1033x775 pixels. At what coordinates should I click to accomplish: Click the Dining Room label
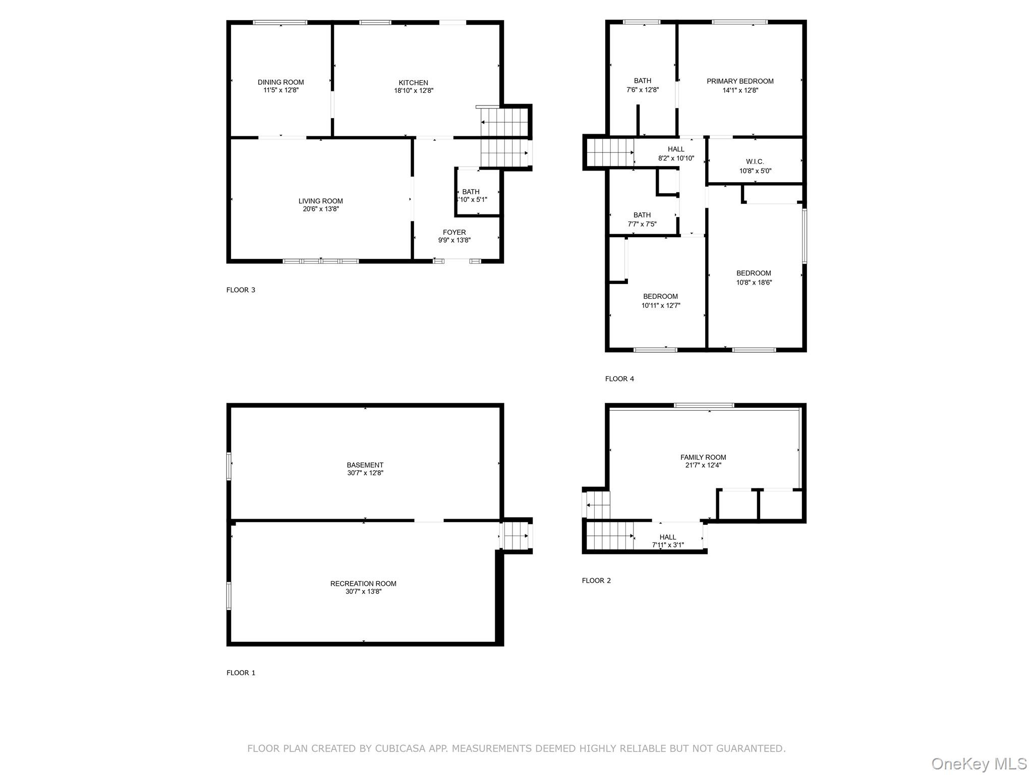click(x=280, y=82)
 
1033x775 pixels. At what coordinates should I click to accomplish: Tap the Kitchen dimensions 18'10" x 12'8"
click(x=414, y=91)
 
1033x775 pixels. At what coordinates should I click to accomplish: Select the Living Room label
click(x=320, y=201)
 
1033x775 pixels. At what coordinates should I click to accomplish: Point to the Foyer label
click(x=454, y=233)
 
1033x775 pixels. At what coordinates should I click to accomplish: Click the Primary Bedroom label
click(x=740, y=81)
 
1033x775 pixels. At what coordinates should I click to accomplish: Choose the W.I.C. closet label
click(x=755, y=161)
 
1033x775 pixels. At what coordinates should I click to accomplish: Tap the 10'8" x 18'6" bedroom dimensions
click(x=754, y=283)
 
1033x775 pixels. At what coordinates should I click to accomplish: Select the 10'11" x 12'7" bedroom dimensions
click(x=660, y=305)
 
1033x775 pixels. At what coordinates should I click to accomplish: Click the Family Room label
click(x=703, y=457)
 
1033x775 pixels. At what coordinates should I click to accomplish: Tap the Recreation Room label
click(x=363, y=583)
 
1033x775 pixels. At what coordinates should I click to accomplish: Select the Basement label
click(x=365, y=465)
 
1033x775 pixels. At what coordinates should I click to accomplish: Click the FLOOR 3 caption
click(x=241, y=290)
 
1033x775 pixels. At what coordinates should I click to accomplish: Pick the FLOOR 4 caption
click(x=619, y=378)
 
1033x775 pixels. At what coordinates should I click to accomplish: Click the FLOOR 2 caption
click(x=596, y=580)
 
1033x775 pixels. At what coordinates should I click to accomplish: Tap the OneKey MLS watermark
click(x=979, y=763)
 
